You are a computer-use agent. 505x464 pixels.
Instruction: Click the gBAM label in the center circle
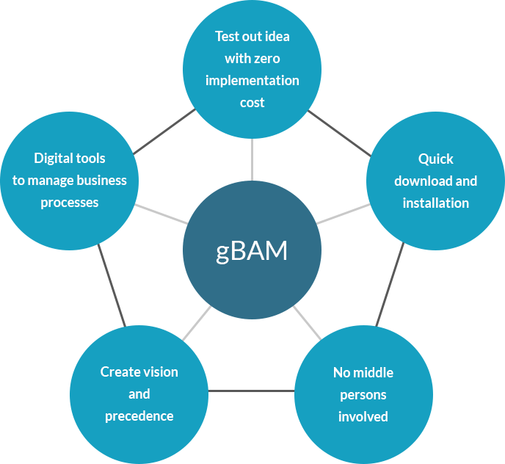[252, 251]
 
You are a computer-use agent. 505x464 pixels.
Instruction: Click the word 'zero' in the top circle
[267, 58]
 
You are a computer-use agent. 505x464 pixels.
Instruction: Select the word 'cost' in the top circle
[252, 102]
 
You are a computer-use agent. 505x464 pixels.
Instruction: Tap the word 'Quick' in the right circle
[435, 159]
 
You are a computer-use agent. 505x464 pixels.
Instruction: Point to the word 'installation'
[435, 203]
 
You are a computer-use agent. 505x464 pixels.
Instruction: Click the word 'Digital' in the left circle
[53, 158]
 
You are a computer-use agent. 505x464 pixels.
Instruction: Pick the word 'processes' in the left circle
[69, 202]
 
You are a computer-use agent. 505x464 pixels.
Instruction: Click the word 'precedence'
[139, 416]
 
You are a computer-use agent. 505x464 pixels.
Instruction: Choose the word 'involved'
[363, 416]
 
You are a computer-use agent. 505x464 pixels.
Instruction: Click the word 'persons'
[363, 394]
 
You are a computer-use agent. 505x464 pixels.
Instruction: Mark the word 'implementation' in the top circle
[252, 80]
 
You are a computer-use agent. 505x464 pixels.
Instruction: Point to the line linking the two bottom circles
[252, 391]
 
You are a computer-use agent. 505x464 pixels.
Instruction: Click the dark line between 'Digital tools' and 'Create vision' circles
[112, 286]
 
